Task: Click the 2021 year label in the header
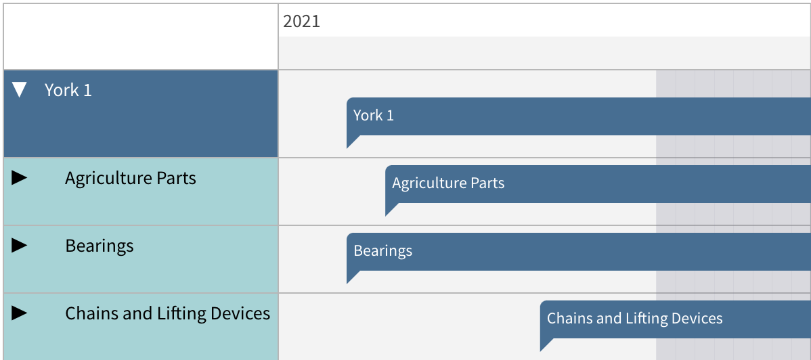point(301,21)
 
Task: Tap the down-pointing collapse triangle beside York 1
point(19,90)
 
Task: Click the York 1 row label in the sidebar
point(68,90)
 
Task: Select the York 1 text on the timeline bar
point(374,115)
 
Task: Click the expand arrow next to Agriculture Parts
point(19,178)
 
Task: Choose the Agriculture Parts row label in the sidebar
point(131,178)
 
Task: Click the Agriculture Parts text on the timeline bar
point(448,183)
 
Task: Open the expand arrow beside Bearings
point(19,245)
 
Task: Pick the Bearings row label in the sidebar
point(100,246)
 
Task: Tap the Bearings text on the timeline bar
point(382,250)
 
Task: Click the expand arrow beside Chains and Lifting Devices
point(19,313)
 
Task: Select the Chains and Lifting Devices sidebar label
point(168,313)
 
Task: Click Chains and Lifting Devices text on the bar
point(634,318)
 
